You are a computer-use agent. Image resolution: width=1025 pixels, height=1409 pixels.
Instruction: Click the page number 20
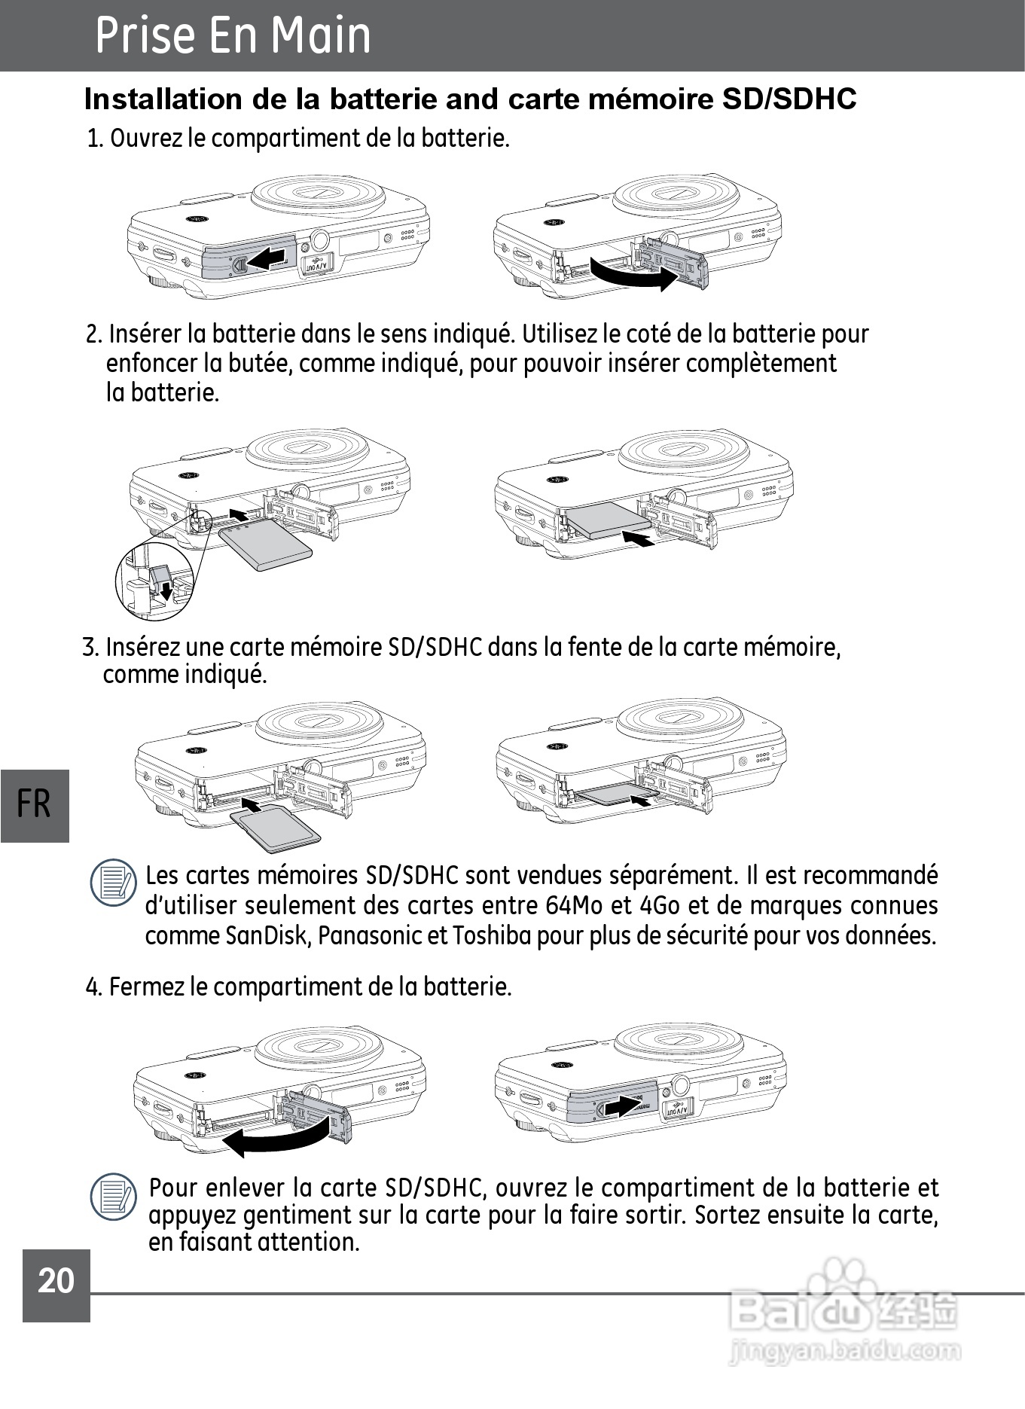point(56,1281)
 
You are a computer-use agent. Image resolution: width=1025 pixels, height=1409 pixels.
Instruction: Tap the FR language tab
point(34,804)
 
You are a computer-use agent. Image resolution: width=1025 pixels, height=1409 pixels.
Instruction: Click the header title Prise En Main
point(233,35)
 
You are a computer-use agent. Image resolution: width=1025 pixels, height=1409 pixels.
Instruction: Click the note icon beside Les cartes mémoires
point(114,882)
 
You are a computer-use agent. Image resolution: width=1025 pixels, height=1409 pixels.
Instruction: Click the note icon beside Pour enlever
point(114,1197)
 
